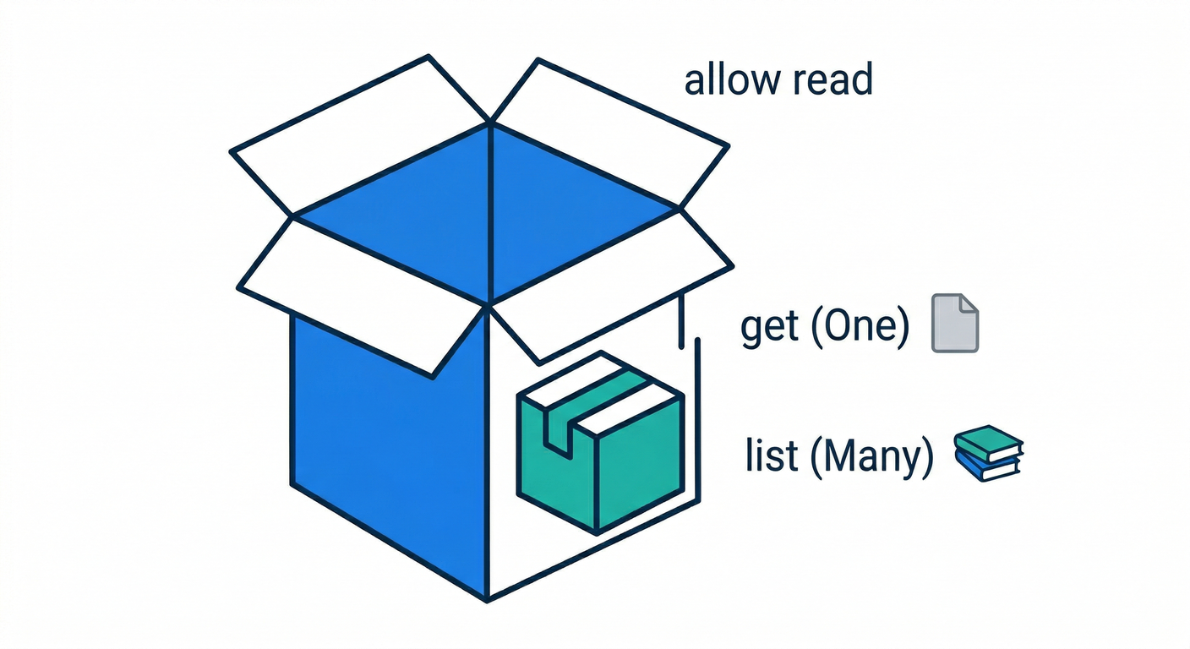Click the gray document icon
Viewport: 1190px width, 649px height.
[955, 322]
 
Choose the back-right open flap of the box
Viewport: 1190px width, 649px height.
[609, 127]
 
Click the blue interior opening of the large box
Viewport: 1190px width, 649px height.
[489, 211]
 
